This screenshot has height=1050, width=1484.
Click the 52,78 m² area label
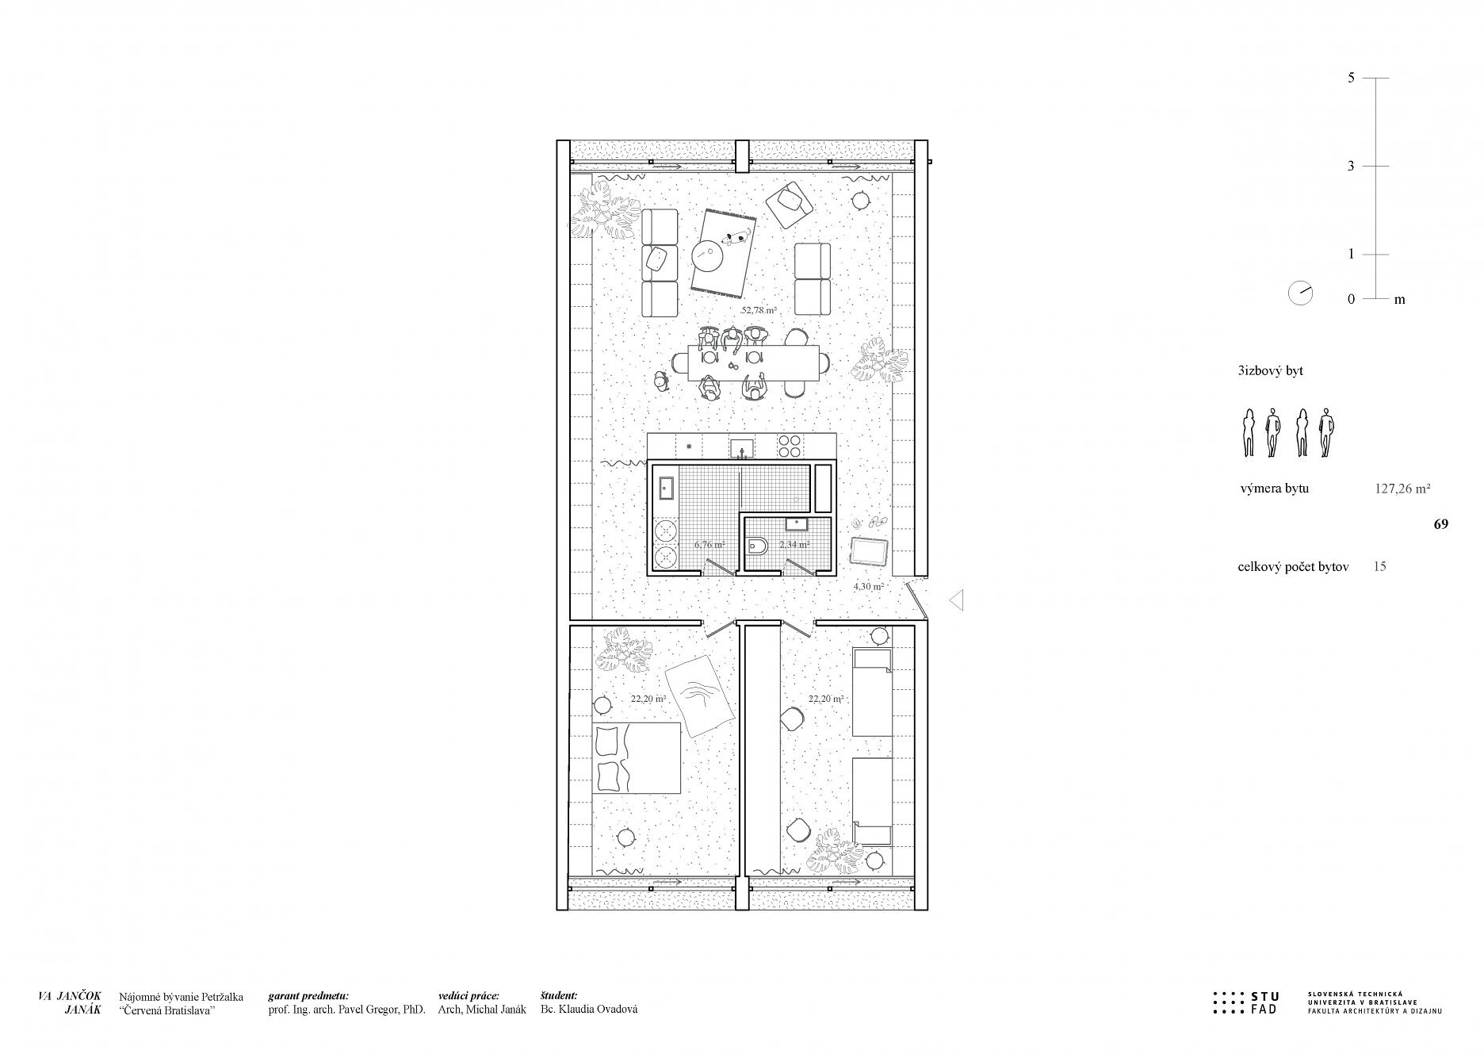coord(758,310)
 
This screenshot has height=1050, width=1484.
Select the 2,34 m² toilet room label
coord(794,545)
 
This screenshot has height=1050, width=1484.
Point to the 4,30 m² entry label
coord(868,587)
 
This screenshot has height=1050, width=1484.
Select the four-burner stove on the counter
coord(788,446)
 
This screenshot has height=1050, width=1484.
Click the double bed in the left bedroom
coord(637,757)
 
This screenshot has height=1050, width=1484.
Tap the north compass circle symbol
coord(1300,293)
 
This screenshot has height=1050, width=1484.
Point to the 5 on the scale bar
coord(1351,78)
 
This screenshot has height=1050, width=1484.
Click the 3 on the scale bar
coord(1351,167)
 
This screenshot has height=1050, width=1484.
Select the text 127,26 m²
coord(1402,489)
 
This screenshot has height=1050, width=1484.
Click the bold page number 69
coord(1441,524)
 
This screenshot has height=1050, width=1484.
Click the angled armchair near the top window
coord(790,204)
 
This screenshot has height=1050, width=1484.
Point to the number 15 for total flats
coord(1379,567)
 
